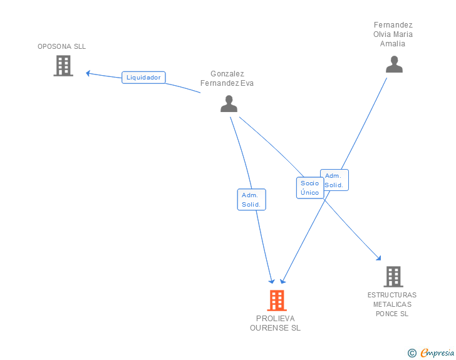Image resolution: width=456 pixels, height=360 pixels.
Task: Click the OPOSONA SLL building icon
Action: click(63, 66)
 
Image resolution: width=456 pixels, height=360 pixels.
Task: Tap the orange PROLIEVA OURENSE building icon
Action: click(277, 301)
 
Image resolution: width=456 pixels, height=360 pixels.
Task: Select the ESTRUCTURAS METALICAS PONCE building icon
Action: click(393, 277)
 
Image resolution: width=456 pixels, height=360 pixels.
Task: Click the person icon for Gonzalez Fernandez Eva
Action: click(229, 104)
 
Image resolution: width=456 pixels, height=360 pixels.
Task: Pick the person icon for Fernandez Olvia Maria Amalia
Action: click(394, 64)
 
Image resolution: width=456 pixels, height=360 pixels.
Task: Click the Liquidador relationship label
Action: click(143, 78)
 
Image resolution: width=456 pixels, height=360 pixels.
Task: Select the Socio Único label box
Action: click(309, 188)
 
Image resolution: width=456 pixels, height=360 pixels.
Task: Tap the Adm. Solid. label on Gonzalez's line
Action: click(251, 200)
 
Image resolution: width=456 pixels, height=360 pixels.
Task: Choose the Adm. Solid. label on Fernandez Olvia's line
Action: click(334, 180)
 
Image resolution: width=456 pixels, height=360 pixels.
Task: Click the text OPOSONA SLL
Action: click(61, 46)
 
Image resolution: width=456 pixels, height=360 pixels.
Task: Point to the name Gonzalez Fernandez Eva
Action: click(227, 78)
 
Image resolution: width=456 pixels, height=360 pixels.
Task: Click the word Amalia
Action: click(393, 44)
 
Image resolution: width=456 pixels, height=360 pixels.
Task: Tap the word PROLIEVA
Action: click(275, 319)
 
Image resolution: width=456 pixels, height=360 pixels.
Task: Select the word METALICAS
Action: click(392, 304)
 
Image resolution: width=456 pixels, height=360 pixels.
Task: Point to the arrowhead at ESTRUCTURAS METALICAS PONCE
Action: click(378, 258)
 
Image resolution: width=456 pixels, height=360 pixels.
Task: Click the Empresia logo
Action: click(437, 352)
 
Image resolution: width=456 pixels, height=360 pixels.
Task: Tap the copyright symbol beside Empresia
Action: click(412, 353)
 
